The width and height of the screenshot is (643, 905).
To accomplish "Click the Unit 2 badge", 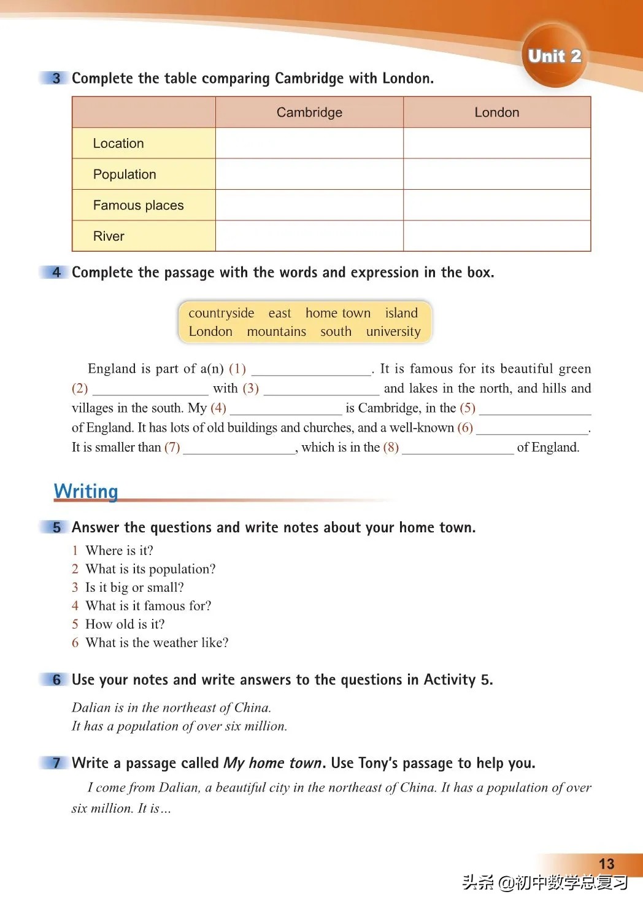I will tap(554, 56).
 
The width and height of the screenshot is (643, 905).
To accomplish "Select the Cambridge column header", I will tap(309, 112).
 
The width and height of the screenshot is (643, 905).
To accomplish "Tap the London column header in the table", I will tap(496, 112).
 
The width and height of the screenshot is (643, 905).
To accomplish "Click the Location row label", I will tap(118, 143).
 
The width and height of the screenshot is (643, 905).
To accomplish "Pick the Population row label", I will tap(125, 174).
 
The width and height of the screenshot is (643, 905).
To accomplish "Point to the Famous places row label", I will tap(138, 205).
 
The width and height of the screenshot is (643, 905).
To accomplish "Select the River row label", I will tap(109, 236).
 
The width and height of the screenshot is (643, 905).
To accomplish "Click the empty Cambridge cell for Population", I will tap(309, 174).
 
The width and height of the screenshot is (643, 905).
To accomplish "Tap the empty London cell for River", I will tap(496, 236).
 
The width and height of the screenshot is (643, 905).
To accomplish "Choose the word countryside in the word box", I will tap(221, 313).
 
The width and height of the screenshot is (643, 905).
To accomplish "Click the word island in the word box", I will tap(401, 313).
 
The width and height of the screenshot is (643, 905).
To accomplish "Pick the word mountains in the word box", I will tap(276, 332).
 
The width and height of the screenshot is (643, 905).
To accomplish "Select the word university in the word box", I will tap(393, 332).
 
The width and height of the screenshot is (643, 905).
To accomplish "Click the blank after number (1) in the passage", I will tap(311, 370).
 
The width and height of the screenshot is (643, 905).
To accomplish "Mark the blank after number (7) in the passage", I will tap(239, 448).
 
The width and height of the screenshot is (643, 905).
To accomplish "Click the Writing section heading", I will tap(86, 491).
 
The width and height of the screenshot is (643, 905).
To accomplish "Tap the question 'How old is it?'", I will tap(125, 624).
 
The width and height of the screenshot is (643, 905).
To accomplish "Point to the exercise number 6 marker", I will tap(56, 680).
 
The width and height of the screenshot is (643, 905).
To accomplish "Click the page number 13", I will tap(606, 864).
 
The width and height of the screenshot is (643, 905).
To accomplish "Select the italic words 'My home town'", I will tap(273, 763).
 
